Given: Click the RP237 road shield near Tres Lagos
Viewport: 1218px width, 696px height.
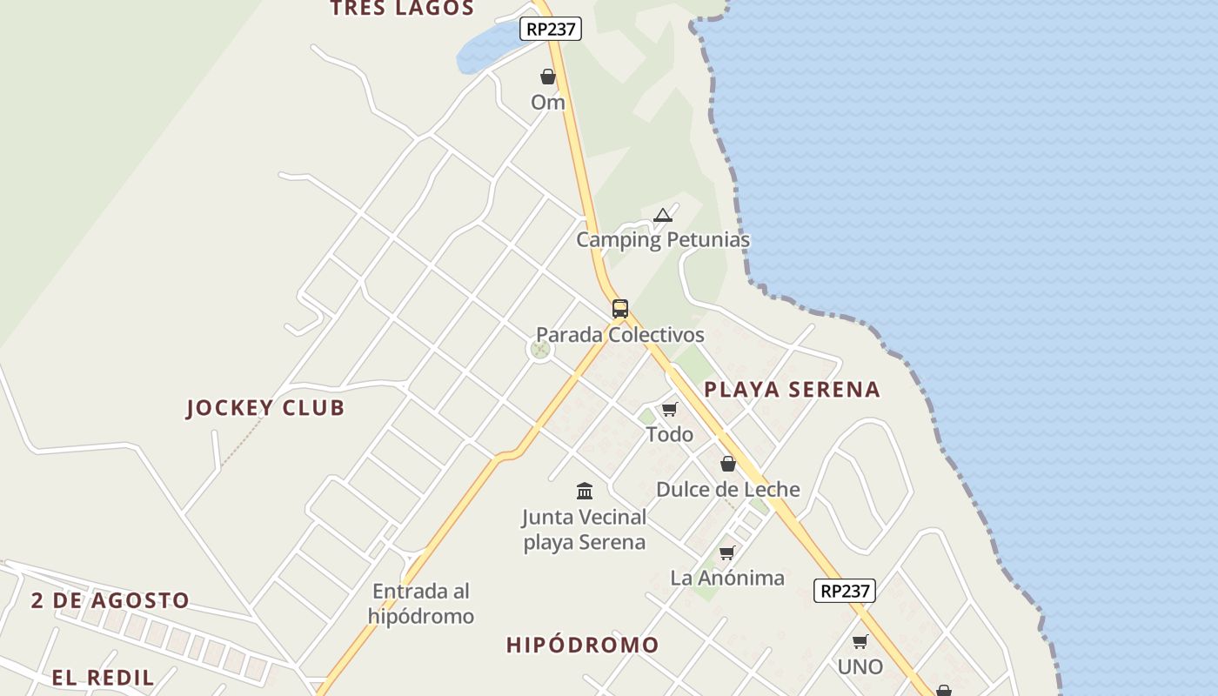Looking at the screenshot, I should (550, 29).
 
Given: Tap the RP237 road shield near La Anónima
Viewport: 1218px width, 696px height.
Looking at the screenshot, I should (845, 591).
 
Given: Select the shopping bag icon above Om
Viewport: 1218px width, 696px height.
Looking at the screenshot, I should (548, 77).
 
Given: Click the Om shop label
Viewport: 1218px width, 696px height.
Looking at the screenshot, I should (548, 103).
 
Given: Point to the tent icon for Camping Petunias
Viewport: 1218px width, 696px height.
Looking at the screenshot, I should (663, 215).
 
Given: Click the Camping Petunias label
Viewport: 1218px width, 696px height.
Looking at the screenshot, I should (663, 240).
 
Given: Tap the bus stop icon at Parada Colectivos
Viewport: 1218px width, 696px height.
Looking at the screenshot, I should (619, 308).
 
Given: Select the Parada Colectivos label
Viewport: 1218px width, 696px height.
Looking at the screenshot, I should (619, 335).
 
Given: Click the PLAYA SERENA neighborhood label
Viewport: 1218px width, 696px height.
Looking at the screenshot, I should (792, 390).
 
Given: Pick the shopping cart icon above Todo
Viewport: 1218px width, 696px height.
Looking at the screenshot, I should (669, 409).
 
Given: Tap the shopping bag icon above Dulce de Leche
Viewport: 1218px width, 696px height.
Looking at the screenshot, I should (728, 464).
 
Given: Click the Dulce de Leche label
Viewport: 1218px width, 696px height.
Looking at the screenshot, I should (728, 490).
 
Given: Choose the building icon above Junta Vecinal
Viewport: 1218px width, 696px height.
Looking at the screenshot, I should (585, 491).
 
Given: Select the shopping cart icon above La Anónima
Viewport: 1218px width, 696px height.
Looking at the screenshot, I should (727, 552).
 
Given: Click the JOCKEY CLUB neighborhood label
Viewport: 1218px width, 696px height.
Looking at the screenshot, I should (265, 408).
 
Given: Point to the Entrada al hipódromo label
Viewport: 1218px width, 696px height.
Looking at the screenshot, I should (421, 604).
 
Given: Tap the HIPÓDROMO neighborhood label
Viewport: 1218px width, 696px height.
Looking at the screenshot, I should (583, 646).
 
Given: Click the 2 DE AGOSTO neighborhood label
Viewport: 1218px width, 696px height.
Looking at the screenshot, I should (110, 600).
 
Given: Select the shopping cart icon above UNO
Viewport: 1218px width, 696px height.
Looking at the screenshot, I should (860, 641).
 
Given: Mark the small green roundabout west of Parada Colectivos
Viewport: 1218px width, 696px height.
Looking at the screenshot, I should (540, 350).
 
